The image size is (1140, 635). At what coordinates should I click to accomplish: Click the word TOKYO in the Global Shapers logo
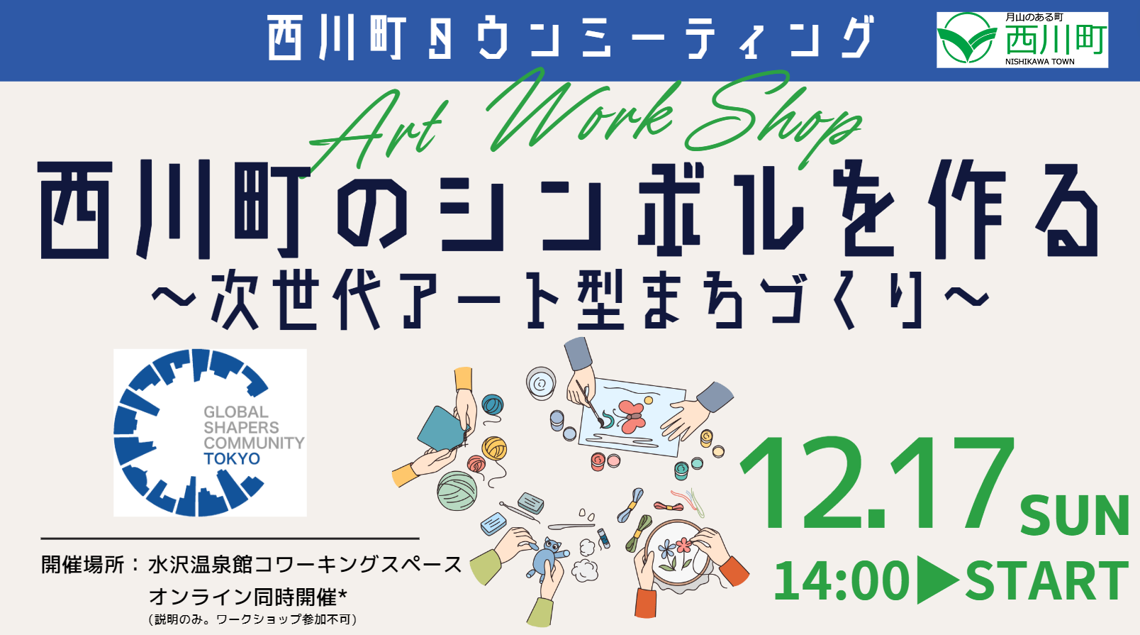coord(232,459)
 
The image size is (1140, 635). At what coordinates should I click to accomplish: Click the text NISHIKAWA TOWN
coord(1040,62)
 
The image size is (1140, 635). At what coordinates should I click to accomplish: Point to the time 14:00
coord(842,580)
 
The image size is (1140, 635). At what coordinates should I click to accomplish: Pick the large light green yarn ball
coord(457,490)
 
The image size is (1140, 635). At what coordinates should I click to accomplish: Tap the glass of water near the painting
coord(540,383)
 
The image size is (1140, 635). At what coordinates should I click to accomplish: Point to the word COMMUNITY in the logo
coord(254,443)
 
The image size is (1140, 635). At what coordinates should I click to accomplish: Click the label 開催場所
coord(83,565)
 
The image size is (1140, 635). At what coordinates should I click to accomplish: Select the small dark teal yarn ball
coord(492,405)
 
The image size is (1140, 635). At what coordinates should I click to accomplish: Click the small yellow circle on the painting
coord(648,400)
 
